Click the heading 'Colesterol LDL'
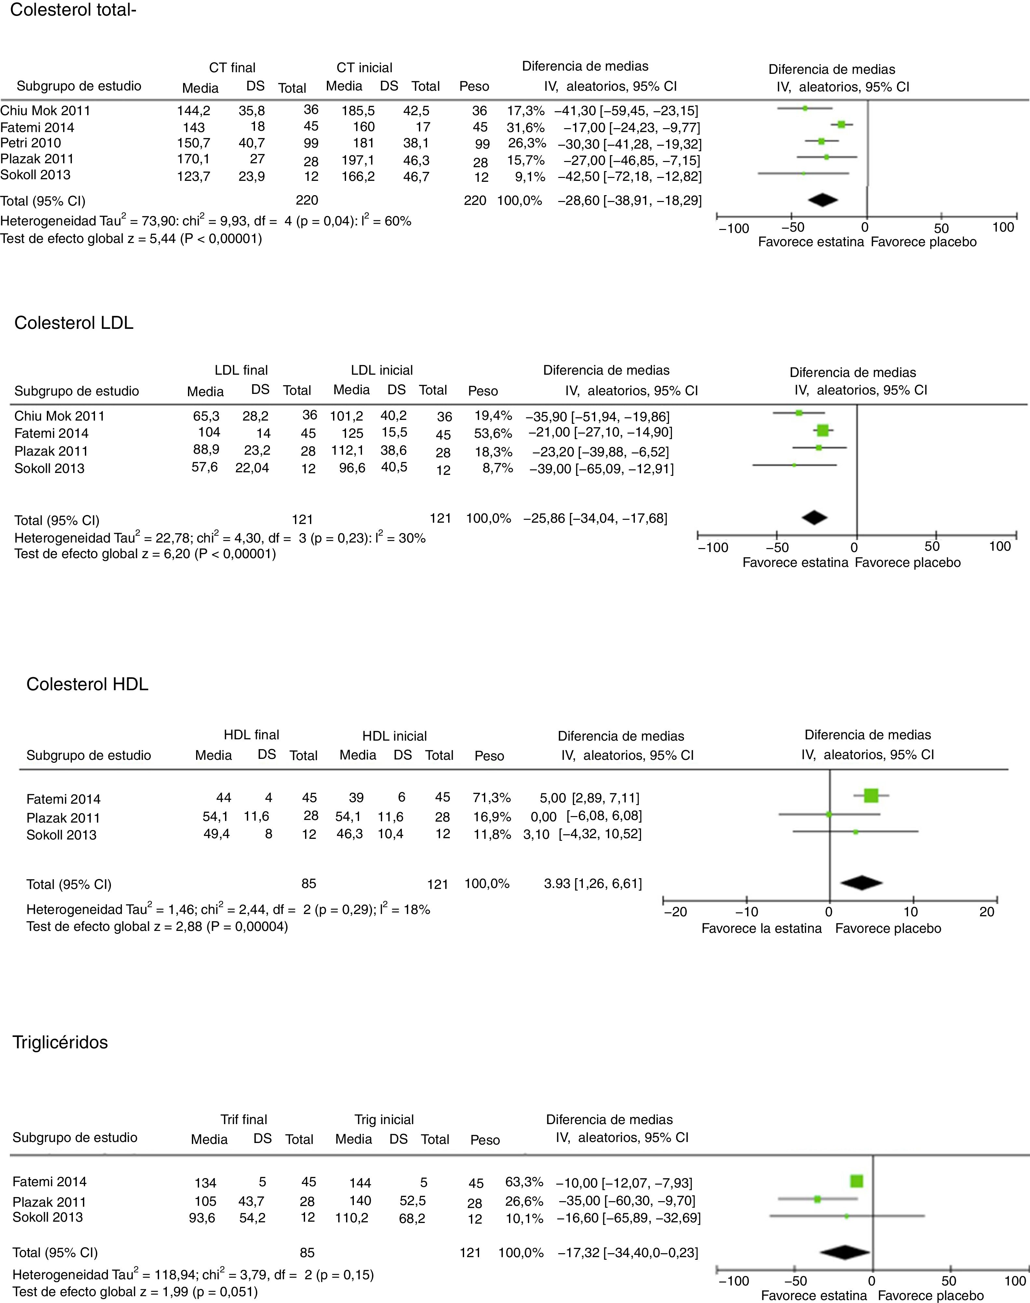(74, 323)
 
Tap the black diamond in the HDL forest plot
(861, 883)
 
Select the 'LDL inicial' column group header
(382, 370)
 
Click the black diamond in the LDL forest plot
(814, 517)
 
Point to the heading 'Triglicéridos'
(60, 1042)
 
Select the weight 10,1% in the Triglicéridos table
(524, 1218)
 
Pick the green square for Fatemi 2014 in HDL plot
(871, 796)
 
